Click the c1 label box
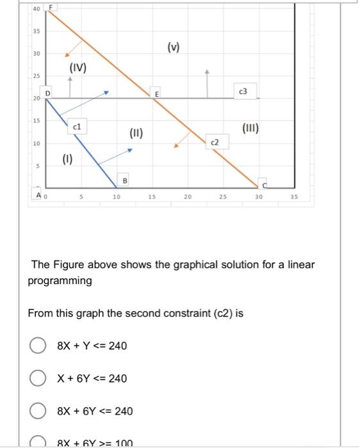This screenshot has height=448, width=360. tap(76, 127)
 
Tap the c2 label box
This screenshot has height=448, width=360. tap(215, 141)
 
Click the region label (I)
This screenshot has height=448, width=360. tap(67, 157)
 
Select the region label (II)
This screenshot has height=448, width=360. tap(136, 134)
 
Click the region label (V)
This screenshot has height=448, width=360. tap(174, 46)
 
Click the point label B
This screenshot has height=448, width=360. tap(125, 181)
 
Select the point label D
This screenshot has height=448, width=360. tap(47, 93)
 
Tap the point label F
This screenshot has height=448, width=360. tap(52, 7)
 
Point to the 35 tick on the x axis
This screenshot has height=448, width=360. tap(293, 197)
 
